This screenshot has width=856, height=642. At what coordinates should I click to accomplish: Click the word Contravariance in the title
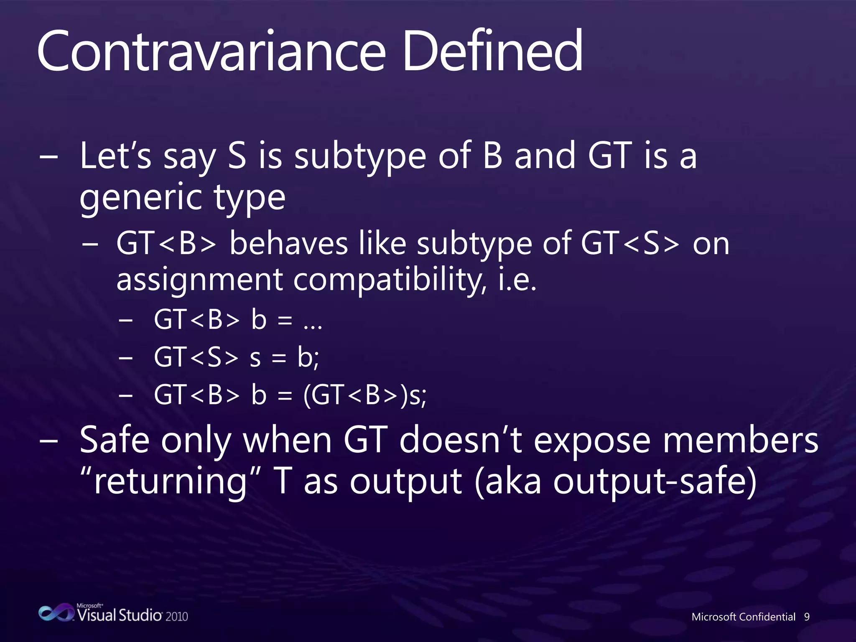(211, 51)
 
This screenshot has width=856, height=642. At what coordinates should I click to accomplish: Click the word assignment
(200, 280)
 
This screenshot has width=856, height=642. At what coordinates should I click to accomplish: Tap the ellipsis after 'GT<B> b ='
(313, 322)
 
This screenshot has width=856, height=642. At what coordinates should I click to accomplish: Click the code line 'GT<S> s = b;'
(236, 358)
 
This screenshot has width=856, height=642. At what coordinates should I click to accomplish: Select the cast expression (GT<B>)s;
(364, 395)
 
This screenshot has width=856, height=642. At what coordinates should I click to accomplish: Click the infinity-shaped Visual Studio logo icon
(56, 613)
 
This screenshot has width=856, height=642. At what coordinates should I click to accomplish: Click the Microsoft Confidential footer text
(743, 617)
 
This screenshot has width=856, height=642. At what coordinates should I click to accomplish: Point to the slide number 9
(807, 617)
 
